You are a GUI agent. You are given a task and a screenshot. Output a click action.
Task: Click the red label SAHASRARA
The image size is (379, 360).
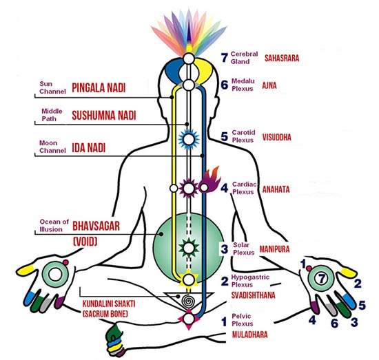[x=282, y=58]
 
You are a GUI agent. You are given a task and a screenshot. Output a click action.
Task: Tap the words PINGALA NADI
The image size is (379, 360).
[x=99, y=87]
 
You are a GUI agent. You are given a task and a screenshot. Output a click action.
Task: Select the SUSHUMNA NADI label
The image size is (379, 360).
[x=104, y=115]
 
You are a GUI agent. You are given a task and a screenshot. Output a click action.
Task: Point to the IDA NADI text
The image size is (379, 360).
[x=89, y=147]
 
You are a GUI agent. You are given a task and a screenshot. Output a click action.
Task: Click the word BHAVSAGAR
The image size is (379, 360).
[x=96, y=226]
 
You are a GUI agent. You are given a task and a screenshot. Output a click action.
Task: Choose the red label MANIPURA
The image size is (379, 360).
[x=274, y=249]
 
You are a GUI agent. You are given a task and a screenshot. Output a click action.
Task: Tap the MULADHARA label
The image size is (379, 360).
[x=250, y=335]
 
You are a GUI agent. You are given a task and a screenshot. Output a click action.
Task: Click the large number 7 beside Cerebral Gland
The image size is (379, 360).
[x=225, y=57]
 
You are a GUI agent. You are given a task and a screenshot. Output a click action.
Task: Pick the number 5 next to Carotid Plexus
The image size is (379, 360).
[x=225, y=136]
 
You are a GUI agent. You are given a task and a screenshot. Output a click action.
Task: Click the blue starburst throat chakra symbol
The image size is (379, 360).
[x=189, y=139]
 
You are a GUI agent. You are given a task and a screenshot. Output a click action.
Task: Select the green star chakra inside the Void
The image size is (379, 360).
[x=189, y=248]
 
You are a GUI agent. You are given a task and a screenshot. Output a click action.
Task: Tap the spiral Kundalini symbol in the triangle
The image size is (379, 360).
[x=187, y=301]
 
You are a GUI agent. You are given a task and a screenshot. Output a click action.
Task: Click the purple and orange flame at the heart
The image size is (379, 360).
[x=209, y=180]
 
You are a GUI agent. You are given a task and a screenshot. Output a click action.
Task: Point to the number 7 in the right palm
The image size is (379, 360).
[x=321, y=279]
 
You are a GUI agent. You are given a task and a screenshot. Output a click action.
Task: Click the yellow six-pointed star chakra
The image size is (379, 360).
[x=189, y=279]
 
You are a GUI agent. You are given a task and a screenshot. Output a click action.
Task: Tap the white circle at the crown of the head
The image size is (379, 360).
[x=189, y=59]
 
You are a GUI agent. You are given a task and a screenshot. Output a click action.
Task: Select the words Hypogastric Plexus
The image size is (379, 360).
[x=250, y=281]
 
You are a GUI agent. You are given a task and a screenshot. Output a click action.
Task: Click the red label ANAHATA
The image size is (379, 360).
[x=276, y=189]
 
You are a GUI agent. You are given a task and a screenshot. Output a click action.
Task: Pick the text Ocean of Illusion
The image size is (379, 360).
[x=54, y=226]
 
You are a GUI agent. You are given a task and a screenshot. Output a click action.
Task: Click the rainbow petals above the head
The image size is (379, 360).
[x=189, y=32]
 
